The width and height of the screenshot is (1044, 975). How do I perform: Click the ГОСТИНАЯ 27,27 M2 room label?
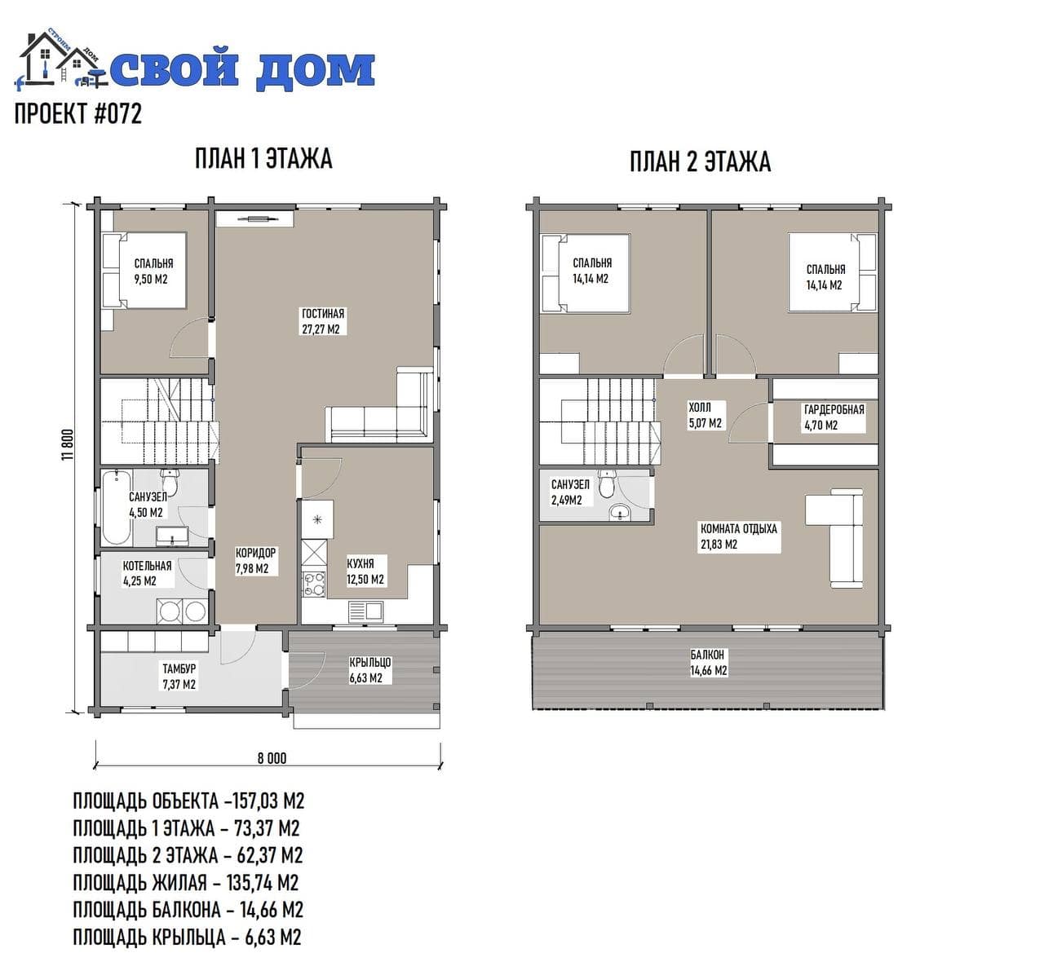[x=323, y=321]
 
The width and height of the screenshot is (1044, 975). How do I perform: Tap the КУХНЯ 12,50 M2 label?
[x=365, y=571]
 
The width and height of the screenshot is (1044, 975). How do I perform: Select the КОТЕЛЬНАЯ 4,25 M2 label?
[x=147, y=573]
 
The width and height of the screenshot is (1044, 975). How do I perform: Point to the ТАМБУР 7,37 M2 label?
[x=179, y=677]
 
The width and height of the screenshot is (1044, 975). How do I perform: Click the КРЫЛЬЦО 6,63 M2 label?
[x=370, y=670]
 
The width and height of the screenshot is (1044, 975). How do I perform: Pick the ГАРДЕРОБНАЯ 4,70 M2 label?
[x=834, y=417]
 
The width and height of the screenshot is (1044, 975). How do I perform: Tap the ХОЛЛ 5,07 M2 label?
[x=705, y=415]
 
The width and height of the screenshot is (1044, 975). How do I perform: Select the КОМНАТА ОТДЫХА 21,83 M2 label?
[x=739, y=536]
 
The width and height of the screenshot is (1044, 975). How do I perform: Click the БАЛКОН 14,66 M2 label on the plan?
[x=709, y=662]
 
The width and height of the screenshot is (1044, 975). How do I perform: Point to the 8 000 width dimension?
[x=272, y=758]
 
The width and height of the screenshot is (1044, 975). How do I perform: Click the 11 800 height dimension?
[x=69, y=444]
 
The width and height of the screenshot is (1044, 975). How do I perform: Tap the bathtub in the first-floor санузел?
[x=117, y=508]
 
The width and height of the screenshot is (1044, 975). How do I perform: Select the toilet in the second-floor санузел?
[x=607, y=483]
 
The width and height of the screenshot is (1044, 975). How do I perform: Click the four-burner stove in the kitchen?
[x=314, y=585]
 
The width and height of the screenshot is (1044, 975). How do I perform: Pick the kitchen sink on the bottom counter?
[x=365, y=611]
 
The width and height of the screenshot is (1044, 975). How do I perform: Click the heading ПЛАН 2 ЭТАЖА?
[x=700, y=161]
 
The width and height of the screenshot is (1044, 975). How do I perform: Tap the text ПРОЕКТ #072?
[x=78, y=113]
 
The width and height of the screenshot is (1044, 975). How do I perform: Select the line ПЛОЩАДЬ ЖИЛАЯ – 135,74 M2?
[x=186, y=883]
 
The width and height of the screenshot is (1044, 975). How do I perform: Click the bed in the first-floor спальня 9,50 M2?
[x=145, y=271]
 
